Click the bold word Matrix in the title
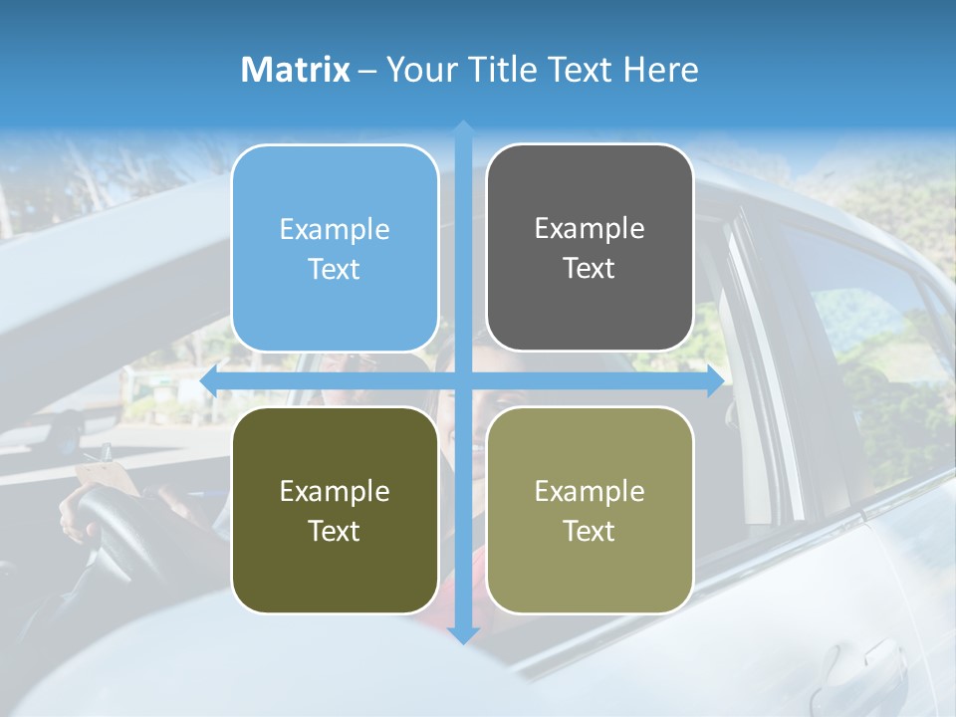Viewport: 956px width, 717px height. [x=296, y=70]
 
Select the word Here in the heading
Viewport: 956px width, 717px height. [x=660, y=70]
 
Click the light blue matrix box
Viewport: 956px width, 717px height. [x=335, y=248]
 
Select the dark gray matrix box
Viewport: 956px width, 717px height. [x=590, y=248]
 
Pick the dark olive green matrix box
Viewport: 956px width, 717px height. [x=335, y=510]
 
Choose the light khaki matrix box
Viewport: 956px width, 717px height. [x=590, y=510]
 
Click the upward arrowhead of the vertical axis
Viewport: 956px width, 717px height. [x=463, y=128]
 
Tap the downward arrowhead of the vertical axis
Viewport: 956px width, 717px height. [x=463, y=634]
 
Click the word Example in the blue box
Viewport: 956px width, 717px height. [x=335, y=229]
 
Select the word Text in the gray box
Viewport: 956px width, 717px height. [x=590, y=269]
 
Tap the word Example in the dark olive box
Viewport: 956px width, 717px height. [x=335, y=491]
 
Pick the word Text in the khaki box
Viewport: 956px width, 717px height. [x=590, y=532]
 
